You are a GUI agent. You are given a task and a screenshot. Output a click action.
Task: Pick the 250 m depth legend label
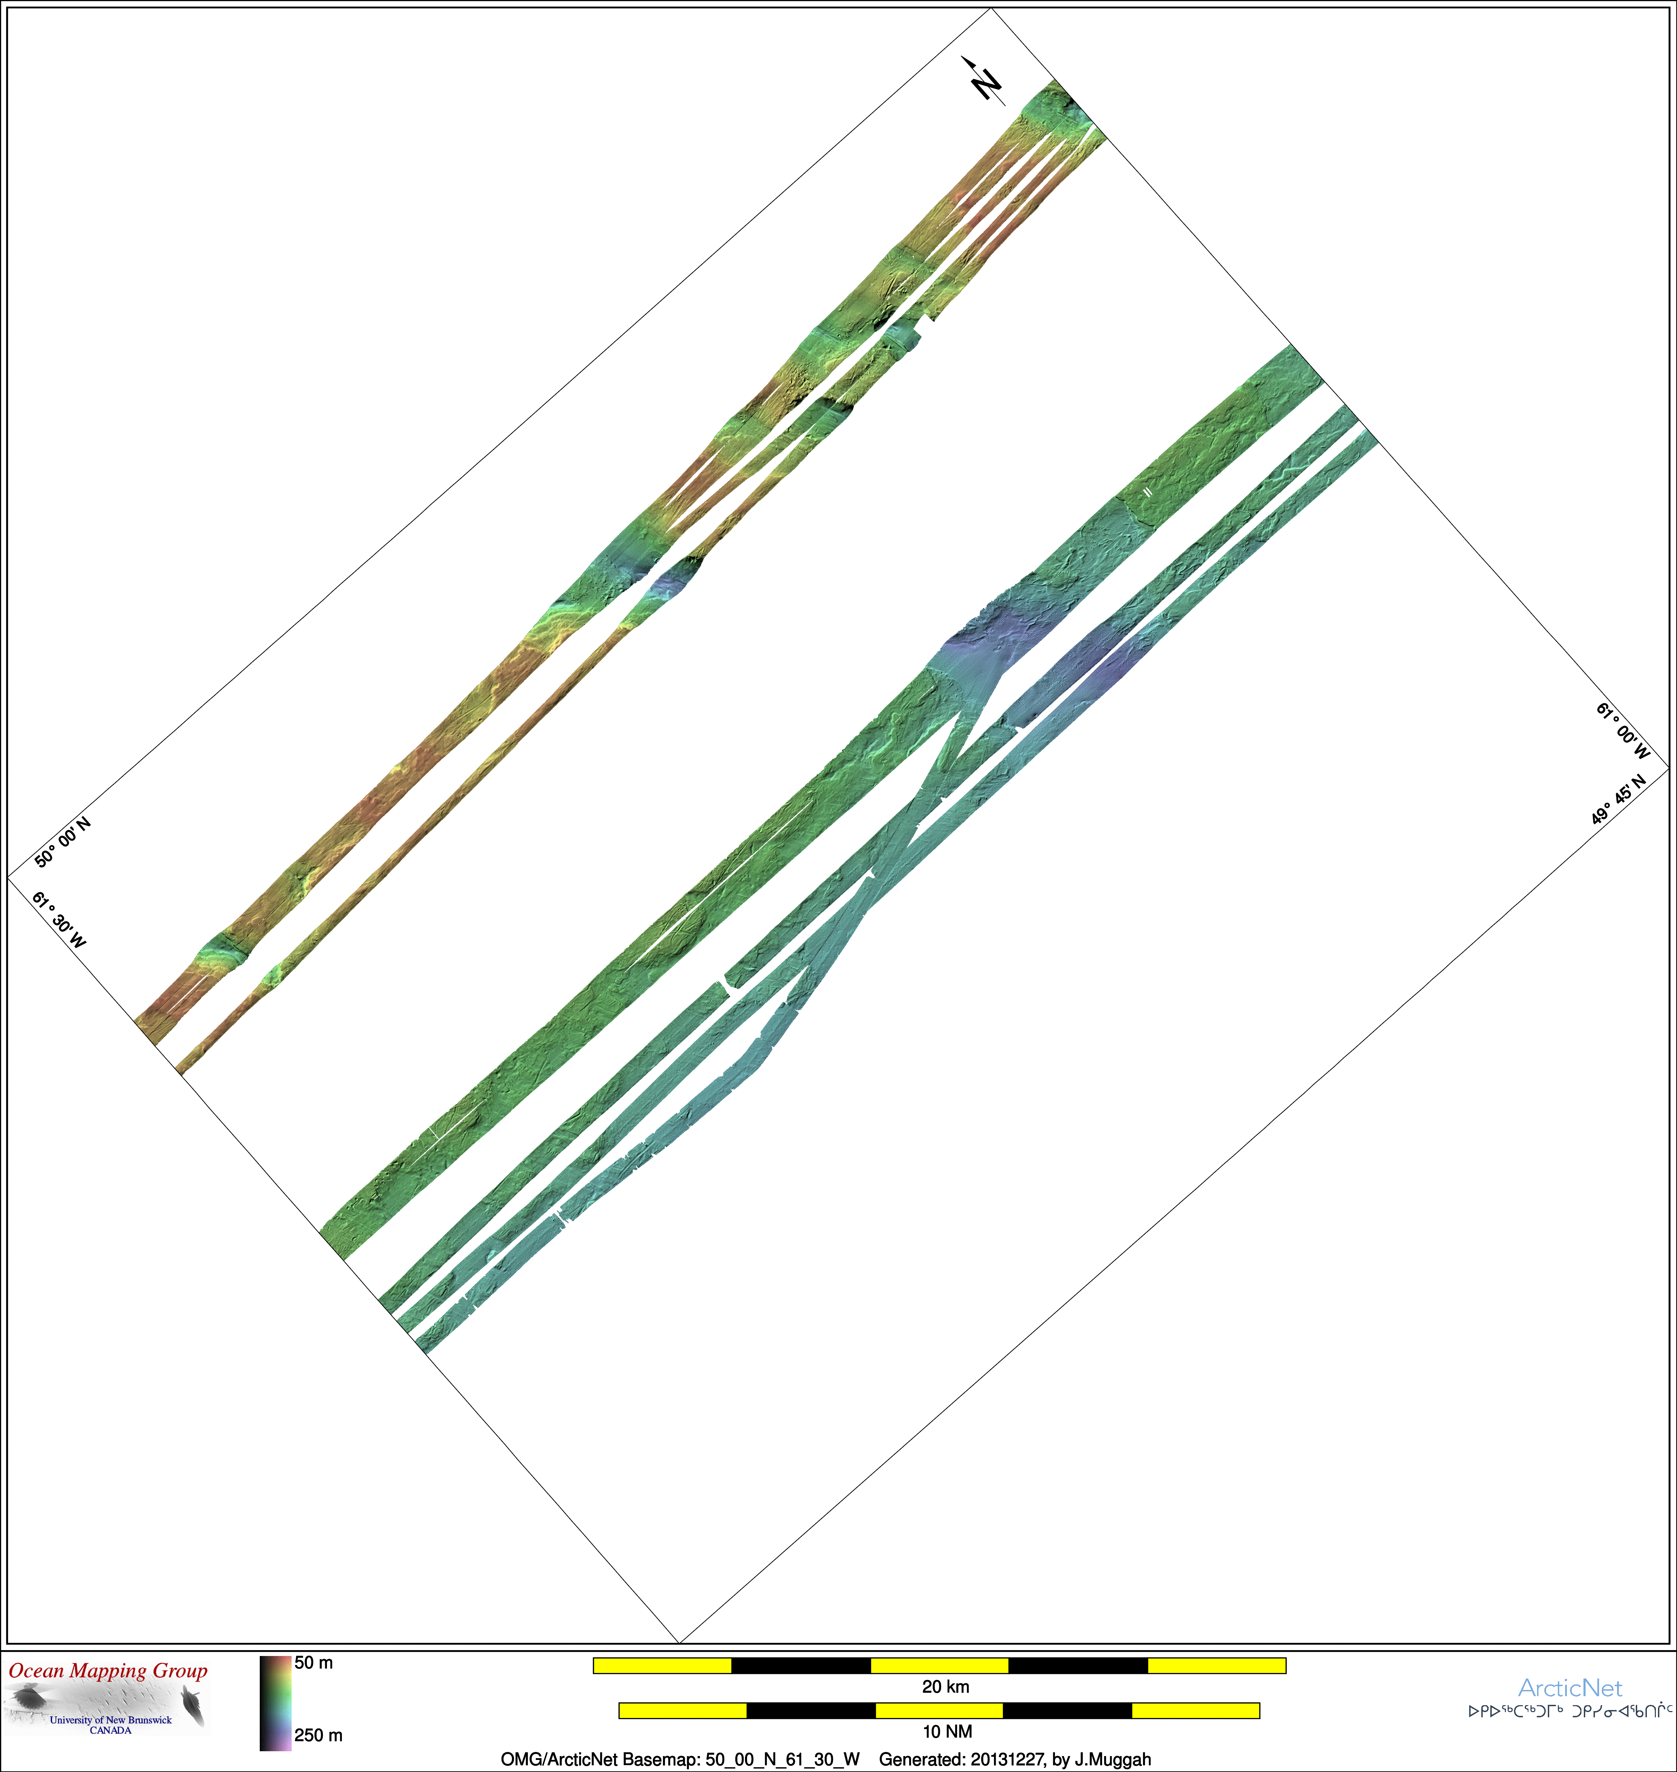pos(318,1735)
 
